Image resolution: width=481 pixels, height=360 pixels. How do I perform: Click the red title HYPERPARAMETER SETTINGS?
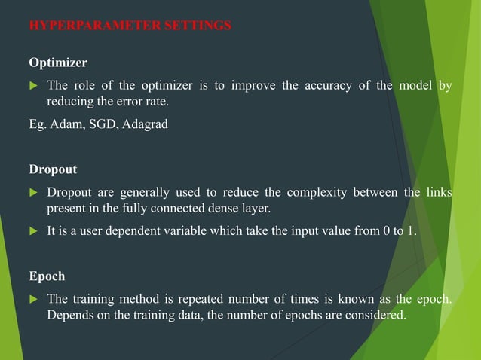(x=130, y=26)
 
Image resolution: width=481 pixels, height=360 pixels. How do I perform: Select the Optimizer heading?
(x=58, y=62)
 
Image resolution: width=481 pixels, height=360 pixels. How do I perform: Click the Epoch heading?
(x=46, y=276)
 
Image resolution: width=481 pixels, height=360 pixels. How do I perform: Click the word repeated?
(x=202, y=300)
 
